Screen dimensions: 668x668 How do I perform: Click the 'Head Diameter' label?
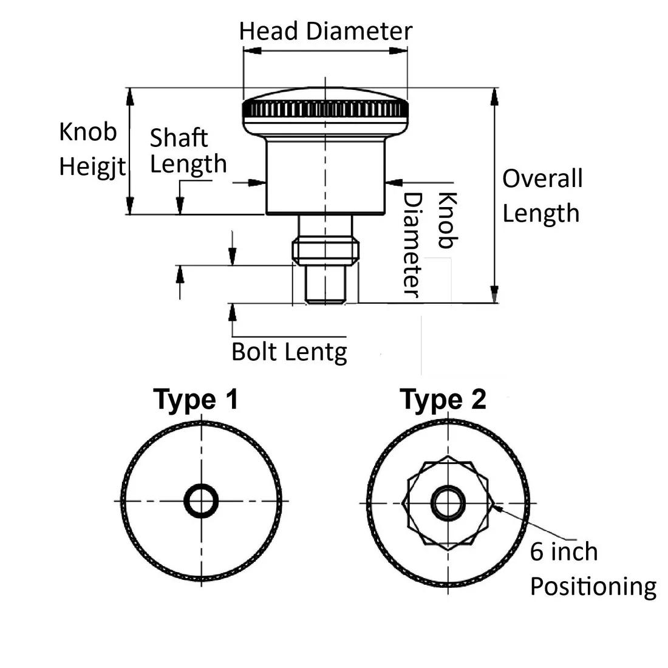click(x=325, y=31)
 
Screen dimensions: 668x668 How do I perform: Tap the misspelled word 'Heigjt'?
click(x=92, y=166)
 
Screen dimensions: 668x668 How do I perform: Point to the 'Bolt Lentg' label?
click(x=289, y=352)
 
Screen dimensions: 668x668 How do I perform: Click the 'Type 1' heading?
click(x=196, y=400)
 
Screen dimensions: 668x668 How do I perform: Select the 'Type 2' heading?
click(x=443, y=400)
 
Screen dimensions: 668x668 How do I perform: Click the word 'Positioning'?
click(x=593, y=587)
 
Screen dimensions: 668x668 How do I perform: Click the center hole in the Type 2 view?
click(x=448, y=503)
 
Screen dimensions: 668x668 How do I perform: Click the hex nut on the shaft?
click(x=325, y=252)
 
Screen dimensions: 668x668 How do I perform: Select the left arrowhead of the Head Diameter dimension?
click(x=252, y=50)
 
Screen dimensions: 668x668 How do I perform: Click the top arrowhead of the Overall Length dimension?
click(x=494, y=97)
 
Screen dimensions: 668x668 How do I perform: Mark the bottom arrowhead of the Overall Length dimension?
click(x=494, y=294)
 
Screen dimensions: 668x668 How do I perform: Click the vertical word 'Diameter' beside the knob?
click(x=412, y=245)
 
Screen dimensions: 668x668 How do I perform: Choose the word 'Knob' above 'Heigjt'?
click(x=88, y=131)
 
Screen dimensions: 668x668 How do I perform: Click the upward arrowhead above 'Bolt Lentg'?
click(x=232, y=312)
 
